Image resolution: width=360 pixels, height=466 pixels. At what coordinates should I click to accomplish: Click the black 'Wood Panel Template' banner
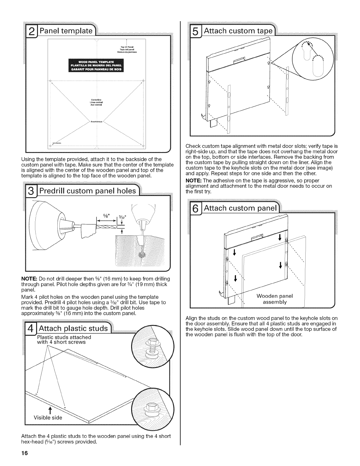click(96, 65)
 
